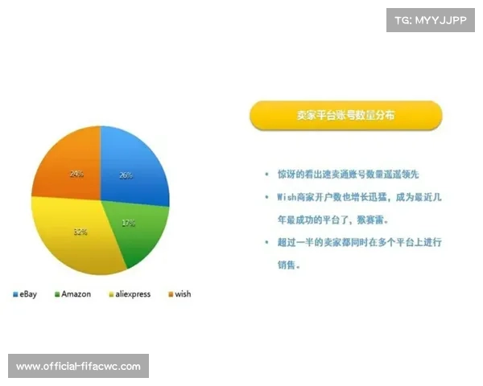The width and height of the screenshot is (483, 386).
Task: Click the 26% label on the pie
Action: click(126, 175)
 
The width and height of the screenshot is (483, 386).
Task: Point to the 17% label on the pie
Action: click(128, 224)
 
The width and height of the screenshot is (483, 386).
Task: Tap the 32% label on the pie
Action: click(80, 232)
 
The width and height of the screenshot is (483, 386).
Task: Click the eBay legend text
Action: click(29, 294)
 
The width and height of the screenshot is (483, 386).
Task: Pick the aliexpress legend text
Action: click(133, 294)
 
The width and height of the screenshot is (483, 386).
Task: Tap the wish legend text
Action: click(183, 294)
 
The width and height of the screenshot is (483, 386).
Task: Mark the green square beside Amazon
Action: click(57, 294)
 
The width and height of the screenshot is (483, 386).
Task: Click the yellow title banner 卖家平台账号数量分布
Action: click(345, 115)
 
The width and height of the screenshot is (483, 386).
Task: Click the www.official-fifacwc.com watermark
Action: click(79, 367)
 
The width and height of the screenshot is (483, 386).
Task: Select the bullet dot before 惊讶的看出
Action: click(266, 174)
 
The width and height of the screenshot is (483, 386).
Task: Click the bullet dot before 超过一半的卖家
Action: click(266, 242)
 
